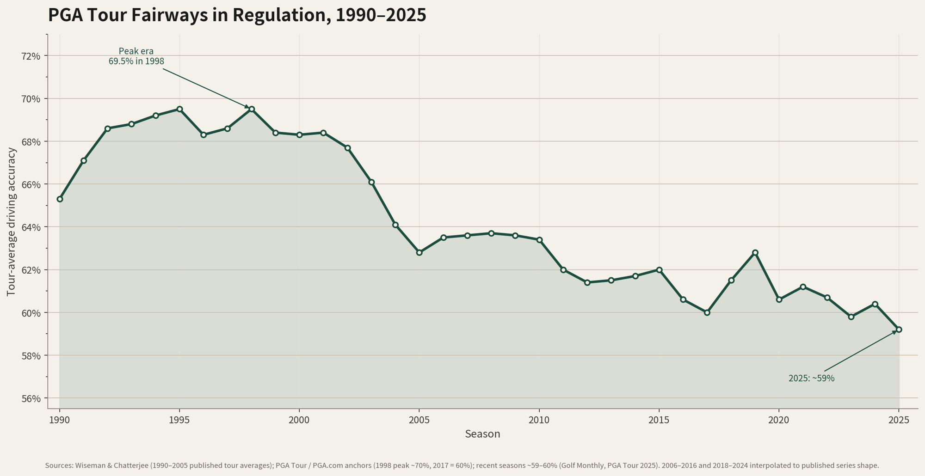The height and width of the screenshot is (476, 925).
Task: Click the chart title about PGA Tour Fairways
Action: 237,15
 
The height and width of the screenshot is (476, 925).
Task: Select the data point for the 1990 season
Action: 60,199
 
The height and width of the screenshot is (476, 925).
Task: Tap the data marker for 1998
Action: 252,109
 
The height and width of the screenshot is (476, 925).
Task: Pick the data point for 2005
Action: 419,252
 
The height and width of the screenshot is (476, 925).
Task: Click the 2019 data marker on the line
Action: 755,252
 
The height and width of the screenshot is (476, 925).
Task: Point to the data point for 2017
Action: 707,312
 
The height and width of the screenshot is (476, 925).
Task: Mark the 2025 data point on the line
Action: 899,330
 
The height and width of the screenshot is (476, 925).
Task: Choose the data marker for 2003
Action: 371,182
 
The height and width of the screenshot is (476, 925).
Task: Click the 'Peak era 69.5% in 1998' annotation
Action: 136,56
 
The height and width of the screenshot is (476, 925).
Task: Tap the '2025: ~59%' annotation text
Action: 812,378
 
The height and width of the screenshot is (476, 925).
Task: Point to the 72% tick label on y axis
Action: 31,56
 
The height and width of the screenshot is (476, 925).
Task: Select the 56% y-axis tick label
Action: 31,398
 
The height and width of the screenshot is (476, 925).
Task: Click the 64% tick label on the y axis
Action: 31,227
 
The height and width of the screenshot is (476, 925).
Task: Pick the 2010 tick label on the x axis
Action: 539,420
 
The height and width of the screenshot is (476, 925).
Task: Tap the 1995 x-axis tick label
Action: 179,420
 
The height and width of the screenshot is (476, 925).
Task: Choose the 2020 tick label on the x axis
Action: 779,420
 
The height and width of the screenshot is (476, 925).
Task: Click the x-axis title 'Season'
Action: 482,434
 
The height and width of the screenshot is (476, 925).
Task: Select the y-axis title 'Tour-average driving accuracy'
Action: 12,221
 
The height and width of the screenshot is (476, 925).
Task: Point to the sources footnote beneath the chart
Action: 462,465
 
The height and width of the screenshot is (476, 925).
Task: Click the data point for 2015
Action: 659,270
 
